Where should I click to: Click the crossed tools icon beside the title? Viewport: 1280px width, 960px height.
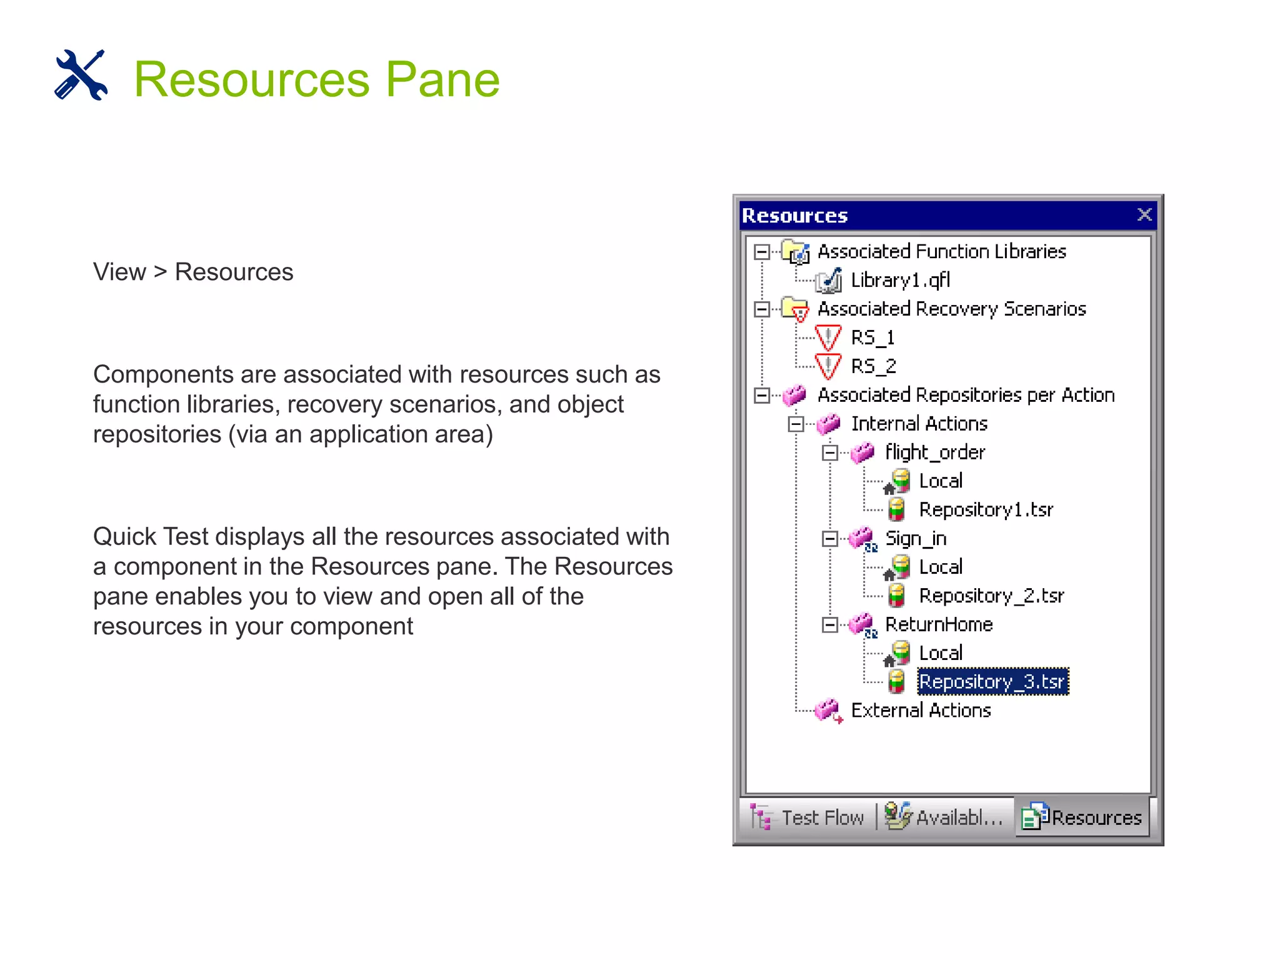pyautogui.click(x=81, y=75)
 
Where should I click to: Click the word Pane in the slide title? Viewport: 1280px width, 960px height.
pyautogui.click(x=442, y=79)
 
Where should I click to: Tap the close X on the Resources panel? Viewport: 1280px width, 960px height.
pyautogui.click(x=1144, y=215)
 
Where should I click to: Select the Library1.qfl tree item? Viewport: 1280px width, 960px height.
pyautogui.click(x=900, y=280)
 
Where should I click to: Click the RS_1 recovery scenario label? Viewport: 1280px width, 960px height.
pyautogui.click(x=872, y=337)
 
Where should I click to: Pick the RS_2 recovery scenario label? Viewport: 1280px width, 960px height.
pyautogui.click(x=873, y=366)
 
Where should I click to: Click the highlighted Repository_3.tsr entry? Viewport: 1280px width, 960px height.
pyautogui.click(x=992, y=681)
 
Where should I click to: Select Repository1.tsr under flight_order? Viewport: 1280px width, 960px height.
pyautogui.click(x=986, y=510)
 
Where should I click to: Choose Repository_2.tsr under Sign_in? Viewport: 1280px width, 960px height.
pyautogui.click(x=991, y=596)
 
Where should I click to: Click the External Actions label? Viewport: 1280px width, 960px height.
pyautogui.click(x=921, y=711)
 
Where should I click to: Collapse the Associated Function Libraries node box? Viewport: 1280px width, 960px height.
pyautogui.click(x=762, y=252)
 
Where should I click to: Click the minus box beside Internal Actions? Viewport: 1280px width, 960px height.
pyautogui.click(x=796, y=424)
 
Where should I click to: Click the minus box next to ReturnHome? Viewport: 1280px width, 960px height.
pyautogui.click(x=829, y=625)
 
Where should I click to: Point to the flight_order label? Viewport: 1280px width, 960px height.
pyautogui.click(x=935, y=452)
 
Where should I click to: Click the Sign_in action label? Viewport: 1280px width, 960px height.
pyautogui.click(x=916, y=539)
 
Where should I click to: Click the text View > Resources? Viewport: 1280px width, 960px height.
pyautogui.click(x=193, y=272)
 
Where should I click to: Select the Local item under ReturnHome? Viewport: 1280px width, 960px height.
pyautogui.click(x=941, y=653)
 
